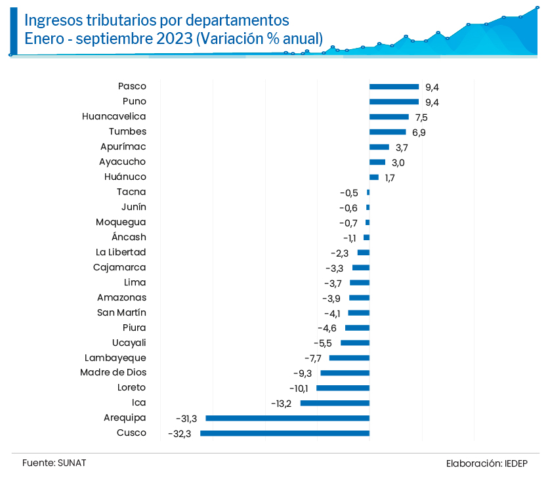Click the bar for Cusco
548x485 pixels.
click(x=285, y=433)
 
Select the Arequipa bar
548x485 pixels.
click(x=287, y=418)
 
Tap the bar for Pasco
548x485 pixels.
click(x=394, y=86)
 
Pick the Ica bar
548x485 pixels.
click(x=335, y=403)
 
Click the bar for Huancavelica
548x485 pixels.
click(x=389, y=117)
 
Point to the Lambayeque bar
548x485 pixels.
click(x=349, y=358)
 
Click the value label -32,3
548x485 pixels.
click(x=179, y=433)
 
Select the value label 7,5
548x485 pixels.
click(x=421, y=117)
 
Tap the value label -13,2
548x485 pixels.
click(x=281, y=403)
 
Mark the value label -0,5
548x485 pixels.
click(x=349, y=192)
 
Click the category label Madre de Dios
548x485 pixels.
click(x=113, y=373)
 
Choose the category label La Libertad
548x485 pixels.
click(x=121, y=252)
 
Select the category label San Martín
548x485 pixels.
click(x=121, y=312)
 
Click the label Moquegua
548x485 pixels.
click(x=121, y=222)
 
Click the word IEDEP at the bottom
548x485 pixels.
click(x=516, y=463)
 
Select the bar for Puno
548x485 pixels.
click(x=394, y=102)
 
